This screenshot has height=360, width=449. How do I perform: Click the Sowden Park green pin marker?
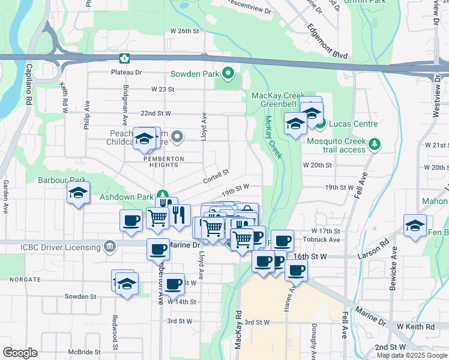click(x=228, y=74)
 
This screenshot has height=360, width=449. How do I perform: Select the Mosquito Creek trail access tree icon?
click(x=375, y=144)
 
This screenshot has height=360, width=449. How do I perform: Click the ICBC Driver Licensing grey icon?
click(x=109, y=245)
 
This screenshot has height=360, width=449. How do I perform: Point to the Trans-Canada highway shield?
click(x=124, y=58)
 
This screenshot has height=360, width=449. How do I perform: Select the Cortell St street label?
click(x=217, y=172)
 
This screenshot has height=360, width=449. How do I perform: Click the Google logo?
click(x=20, y=353)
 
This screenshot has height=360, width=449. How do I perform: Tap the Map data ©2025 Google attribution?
click(x=411, y=355)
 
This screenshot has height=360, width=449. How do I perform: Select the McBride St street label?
click(x=83, y=352)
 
